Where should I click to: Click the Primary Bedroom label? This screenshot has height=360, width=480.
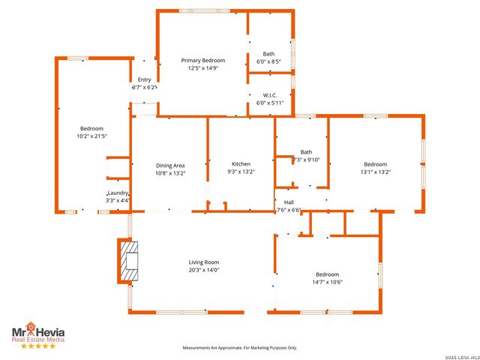202,60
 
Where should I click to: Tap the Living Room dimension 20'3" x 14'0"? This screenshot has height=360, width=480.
203,270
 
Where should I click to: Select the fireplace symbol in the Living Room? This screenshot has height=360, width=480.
130,261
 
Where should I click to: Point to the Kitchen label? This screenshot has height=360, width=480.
241,164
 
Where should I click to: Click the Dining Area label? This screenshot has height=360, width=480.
170,165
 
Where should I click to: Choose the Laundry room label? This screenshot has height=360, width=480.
118,193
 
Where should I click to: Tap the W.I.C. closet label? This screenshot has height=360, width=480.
270,95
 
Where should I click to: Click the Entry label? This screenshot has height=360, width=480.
144,79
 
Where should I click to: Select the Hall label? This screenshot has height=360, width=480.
289,202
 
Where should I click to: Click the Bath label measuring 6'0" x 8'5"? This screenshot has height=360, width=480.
268,54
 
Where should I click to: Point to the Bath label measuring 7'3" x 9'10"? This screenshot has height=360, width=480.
306,151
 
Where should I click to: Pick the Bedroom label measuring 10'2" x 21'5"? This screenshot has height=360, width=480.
92,129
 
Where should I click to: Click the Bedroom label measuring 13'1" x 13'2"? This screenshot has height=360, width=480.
375,164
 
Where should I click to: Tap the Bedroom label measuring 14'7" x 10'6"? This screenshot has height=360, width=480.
327,274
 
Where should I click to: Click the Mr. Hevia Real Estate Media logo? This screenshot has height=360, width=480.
37,331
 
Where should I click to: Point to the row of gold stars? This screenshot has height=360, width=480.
37,346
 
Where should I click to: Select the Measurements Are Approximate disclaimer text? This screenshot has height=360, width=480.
240,348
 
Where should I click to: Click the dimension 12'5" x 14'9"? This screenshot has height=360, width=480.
202,68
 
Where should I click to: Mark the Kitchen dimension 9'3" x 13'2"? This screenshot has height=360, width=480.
241,172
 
